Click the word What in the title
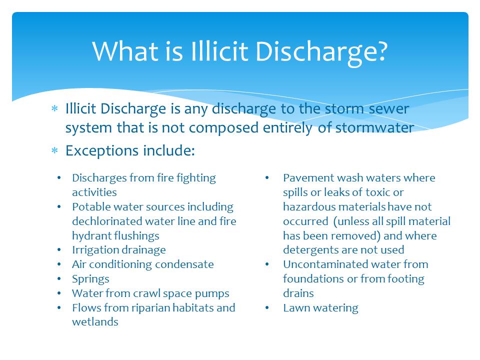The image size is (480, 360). click(125, 51)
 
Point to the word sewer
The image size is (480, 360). click(389, 109)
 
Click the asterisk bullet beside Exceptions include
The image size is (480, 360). click(55, 150)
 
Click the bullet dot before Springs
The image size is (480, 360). click(59, 279)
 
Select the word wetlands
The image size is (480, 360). click(95, 322)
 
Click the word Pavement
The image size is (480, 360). click(308, 178)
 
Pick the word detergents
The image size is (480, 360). click(310, 250)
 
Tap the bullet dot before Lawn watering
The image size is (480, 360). click(267, 308)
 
